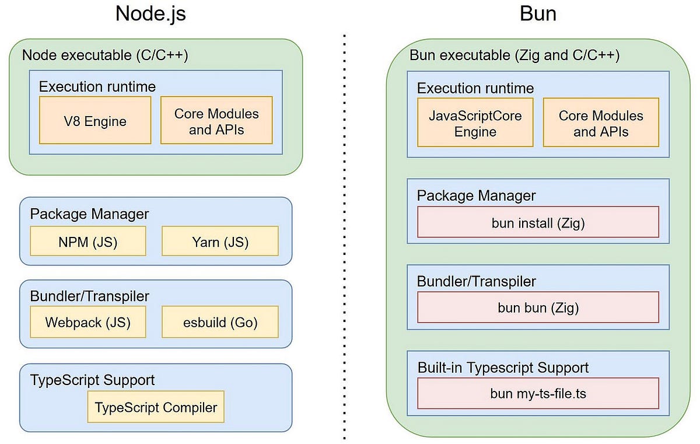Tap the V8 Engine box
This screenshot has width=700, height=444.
(x=95, y=121)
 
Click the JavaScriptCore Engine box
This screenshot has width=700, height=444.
(x=475, y=123)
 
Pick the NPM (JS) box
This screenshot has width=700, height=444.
(x=88, y=242)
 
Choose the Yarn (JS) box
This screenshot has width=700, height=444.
(x=220, y=242)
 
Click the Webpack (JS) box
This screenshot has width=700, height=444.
(x=88, y=322)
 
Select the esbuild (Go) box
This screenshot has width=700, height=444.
(x=220, y=322)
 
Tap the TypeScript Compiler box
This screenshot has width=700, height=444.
(x=156, y=407)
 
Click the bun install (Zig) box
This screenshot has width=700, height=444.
(x=538, y=222)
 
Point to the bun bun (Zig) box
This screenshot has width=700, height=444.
(x=538, y=307)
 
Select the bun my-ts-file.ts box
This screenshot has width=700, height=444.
(x=538, y=393)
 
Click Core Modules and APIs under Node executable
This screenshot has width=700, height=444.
(x=216, y=121)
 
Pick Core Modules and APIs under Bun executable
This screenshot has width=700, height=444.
(x=601, y=123)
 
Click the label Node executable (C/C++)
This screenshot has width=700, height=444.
(x=105, y=55)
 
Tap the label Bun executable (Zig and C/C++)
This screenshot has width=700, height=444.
(x=514, y=55)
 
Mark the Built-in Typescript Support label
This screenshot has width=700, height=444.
(x=503, y=368)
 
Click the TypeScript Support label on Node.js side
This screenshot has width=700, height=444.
(x=92, y=380)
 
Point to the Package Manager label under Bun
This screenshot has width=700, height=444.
(x=476, y=195)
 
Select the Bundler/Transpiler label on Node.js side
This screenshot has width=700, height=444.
(x=89, y=295)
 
